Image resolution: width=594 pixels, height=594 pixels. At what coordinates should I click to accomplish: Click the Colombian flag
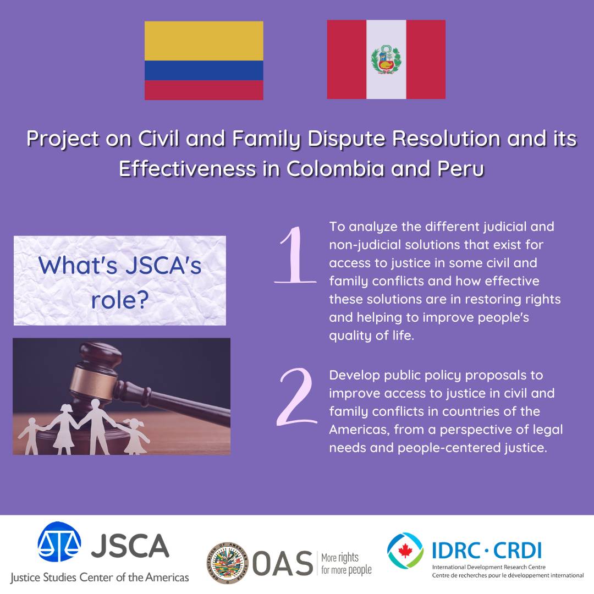[x=204, y=61]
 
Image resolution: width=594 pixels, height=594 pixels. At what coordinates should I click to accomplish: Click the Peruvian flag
[x=386, y=59]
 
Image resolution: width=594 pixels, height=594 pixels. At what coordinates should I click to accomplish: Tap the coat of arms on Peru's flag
[x=386, y=59]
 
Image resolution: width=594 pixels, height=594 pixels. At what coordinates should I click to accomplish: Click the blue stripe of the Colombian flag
[x=204, y=70]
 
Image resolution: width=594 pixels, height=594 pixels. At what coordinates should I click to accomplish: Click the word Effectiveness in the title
[x=188, y=168]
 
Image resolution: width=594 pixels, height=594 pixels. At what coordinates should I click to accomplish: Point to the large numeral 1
[x=295, y=255]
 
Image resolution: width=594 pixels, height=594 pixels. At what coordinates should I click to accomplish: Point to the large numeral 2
[x=296, y=397]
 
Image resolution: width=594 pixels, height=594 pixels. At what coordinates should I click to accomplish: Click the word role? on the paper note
[x=120, y=300]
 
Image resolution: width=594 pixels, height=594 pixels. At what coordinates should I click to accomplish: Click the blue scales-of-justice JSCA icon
[x=59, y=542]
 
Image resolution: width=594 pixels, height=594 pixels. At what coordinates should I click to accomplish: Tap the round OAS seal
[x=227, y=563]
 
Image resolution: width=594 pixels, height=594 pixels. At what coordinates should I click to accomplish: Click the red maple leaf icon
[x=405, y=551]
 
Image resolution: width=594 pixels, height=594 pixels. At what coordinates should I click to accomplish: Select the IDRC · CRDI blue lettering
[x=487, y=551]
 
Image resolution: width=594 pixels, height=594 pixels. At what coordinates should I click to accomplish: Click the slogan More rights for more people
[x=346, y=564]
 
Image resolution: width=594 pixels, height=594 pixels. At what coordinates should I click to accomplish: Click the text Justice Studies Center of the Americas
[x=99, y=577]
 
